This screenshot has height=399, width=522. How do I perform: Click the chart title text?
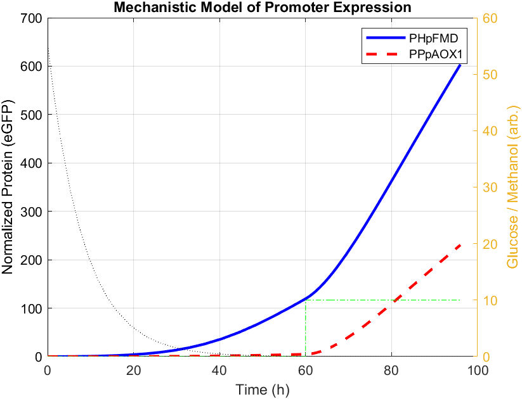click(x=262, y=8)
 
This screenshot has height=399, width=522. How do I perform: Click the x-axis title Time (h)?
click(x=262, y=389)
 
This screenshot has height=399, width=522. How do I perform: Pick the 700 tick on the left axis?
click(x=33, y=18)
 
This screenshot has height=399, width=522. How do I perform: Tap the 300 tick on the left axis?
click(x=33, y=212)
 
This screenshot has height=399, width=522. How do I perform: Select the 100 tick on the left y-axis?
click(x=33, y=308)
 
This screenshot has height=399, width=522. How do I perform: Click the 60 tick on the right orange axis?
click(x=490, y=18)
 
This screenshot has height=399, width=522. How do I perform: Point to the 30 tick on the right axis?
click(x=490, y=187)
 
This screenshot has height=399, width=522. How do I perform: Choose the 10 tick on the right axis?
click(x=490, y=300)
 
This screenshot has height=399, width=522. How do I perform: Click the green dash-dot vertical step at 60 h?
click(x=306, y=329)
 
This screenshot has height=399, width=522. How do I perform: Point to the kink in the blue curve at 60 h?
click(x=306, y=298)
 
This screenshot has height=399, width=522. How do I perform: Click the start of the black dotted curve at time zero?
click(x=48, y=48)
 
